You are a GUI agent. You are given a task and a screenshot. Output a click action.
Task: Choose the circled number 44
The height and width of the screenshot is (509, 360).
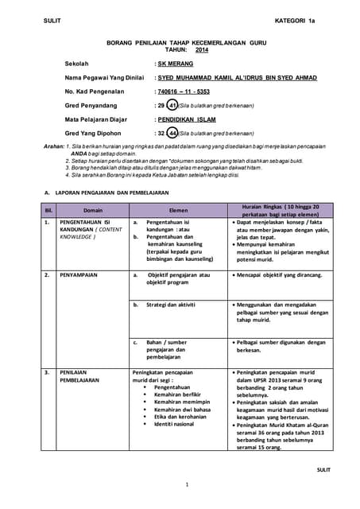pyautogui.click(x=172, y=133)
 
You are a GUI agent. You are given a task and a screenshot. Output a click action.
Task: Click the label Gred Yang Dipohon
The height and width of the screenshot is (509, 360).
pyautogui.click(x=93, y=133)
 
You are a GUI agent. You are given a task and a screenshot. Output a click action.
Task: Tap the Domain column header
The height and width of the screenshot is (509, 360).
pyautogui.click(x=93, y=210)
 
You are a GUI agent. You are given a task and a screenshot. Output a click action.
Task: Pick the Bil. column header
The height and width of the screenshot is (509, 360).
pyautogui.click(x=48, y=210)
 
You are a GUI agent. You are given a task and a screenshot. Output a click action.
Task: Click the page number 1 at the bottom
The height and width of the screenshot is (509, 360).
pyautogui.click(x=187, y=484)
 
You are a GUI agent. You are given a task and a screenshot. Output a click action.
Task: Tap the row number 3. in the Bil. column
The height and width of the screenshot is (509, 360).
pyautogui.click(x=48, y=371)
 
